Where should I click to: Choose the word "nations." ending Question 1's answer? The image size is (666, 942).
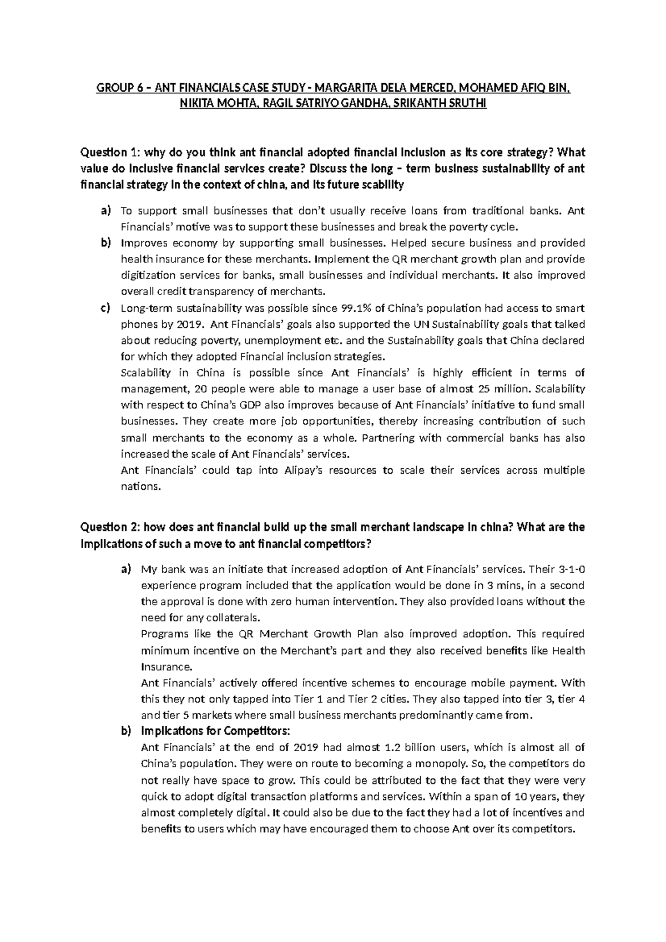pos(140,487)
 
